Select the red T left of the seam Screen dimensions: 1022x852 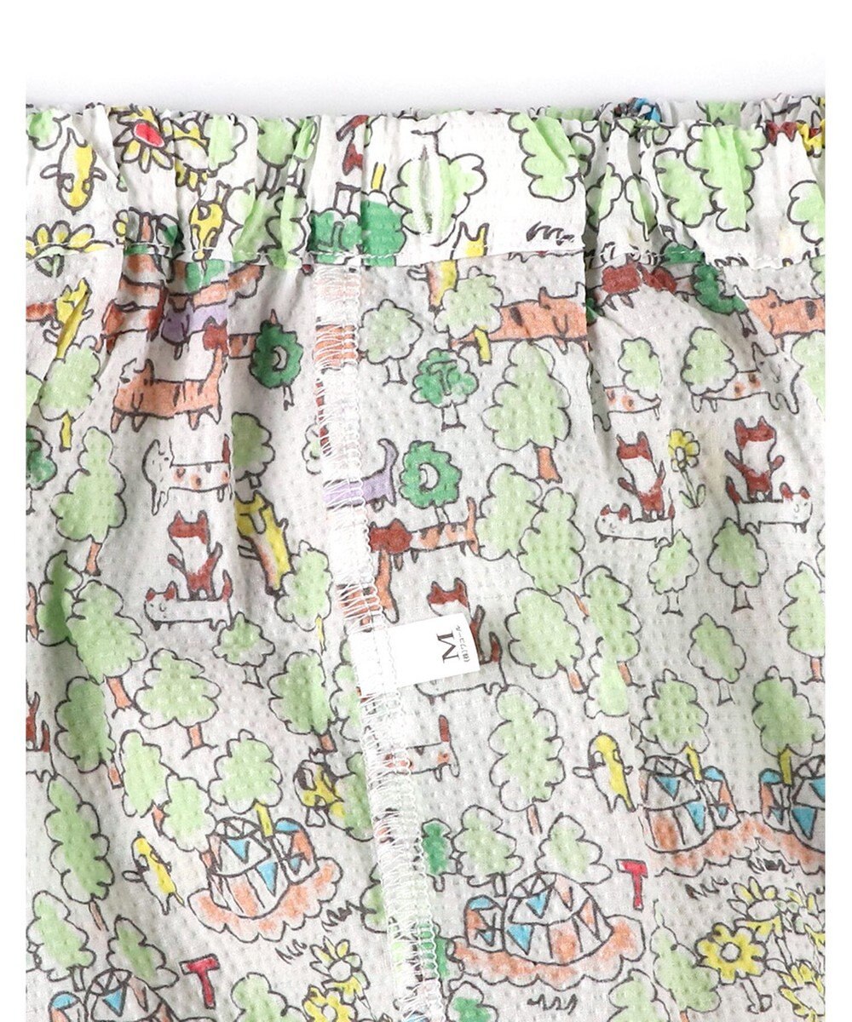(x=201, y=973)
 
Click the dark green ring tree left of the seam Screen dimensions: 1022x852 (x=275, y=353)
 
